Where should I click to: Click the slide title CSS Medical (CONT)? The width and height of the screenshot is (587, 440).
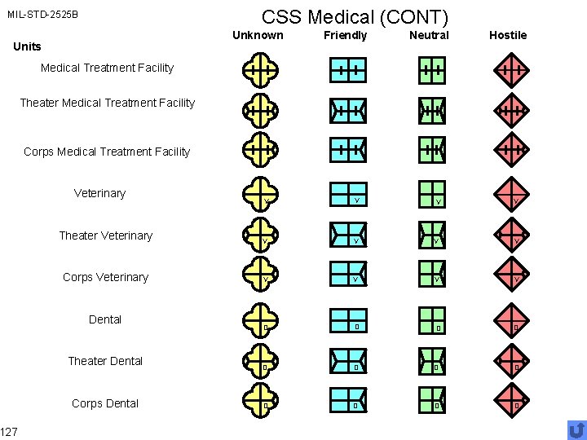click(355, 16)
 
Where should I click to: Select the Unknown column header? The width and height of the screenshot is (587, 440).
click(258, 35)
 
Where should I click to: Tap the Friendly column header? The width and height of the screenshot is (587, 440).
click(345, 35)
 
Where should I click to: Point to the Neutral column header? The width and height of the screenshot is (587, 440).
click(429, 35)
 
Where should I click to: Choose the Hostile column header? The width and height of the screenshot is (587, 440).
click(508, 35)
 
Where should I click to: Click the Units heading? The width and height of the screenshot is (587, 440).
click(27, 46)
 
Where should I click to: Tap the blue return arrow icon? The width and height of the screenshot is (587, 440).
click(576, 429)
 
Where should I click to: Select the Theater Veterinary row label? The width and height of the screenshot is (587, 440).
click(105, 235)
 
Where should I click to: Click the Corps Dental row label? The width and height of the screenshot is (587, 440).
click(105, 403)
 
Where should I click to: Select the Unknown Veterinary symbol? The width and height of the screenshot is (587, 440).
click(259, 195)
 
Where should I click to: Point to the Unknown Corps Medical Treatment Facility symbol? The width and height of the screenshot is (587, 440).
click(259, 150)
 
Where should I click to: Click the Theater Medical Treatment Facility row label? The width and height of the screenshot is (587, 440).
click(107, 103)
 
